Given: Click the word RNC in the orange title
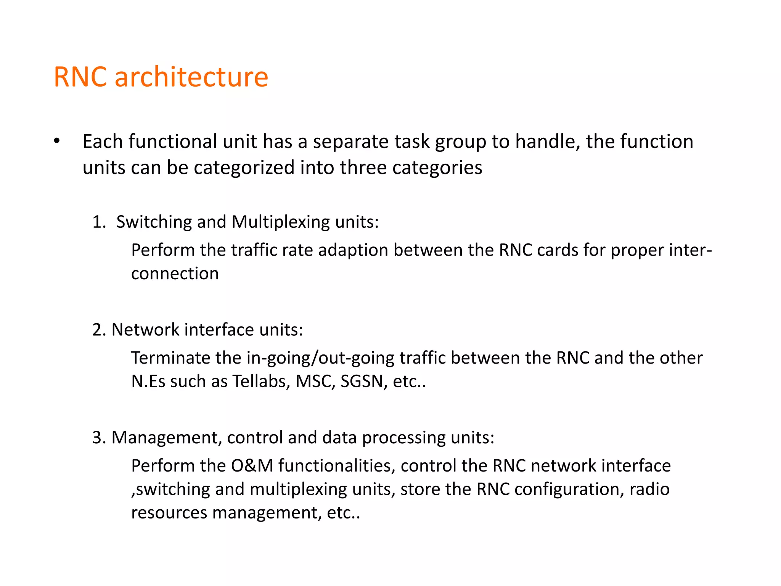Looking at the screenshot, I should coord(80,77).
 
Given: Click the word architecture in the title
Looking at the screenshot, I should coord(191,77).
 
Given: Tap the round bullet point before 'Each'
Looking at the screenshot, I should coord(57,141).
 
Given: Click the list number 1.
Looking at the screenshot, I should coord(98,222).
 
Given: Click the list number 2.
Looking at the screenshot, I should coord(98,330).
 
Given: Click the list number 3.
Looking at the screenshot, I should coord(98,438).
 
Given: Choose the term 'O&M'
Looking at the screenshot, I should coord(252,466).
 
